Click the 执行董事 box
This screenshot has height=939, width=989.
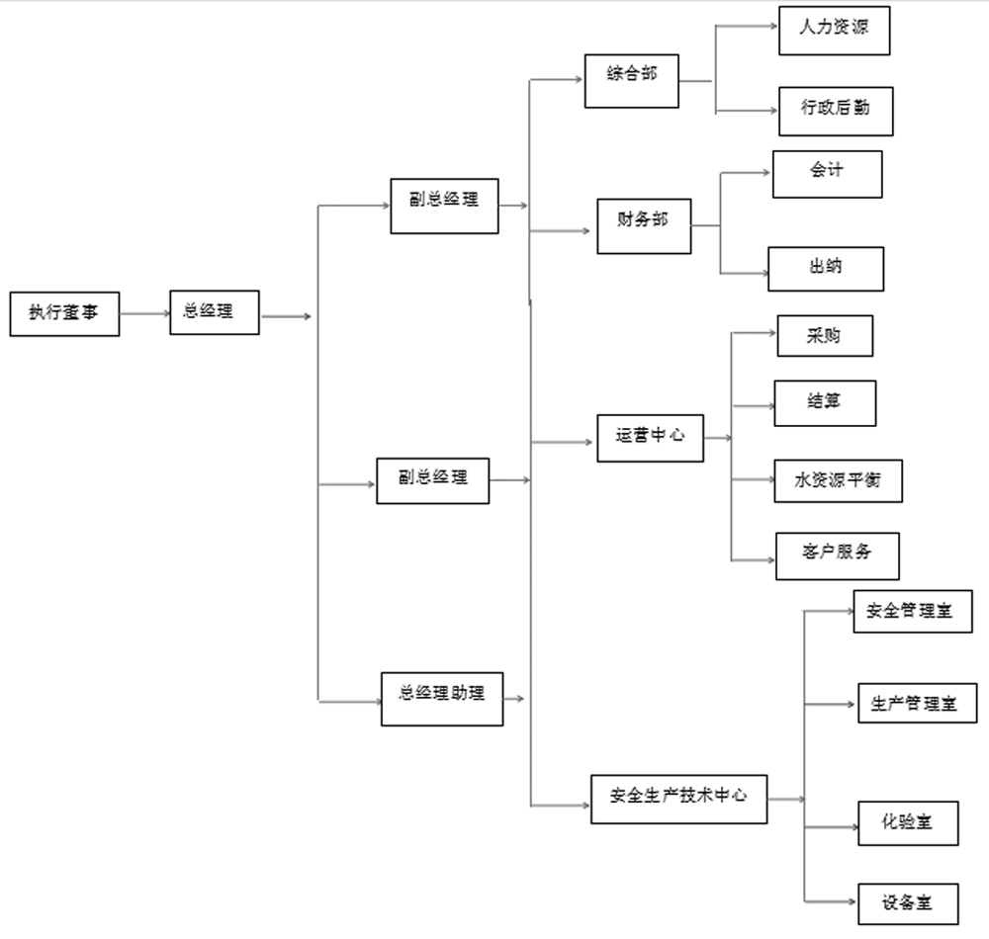(x=64, y=314)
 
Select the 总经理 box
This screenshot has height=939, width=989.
(x=215, y=311)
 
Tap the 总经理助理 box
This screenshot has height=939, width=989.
(x=442, y=698)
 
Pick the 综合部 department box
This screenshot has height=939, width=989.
(x=631, y=80)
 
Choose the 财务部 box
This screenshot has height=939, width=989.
(x=644, y=225)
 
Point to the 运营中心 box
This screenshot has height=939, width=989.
(x=650, y=438)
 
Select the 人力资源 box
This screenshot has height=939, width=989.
(x=835, y=32)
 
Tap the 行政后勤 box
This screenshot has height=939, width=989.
(x=835, y=111)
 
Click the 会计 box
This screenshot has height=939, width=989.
(x=827, y=174)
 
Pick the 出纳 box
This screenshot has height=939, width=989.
(x=826, y=269)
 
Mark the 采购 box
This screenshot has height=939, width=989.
(x=824, y=336)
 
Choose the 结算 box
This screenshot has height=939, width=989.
(x=824, y=402)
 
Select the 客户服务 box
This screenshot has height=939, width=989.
(x=837, y=555)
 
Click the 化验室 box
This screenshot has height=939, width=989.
(x=908, y=821)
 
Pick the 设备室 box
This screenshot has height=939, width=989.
(x=907, y=903)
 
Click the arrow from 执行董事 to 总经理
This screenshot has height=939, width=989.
(x=143, y=314)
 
